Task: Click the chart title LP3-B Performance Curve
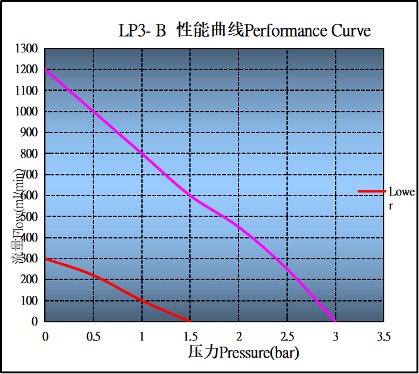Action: coord(244,30)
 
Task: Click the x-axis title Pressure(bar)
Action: coord(243,352)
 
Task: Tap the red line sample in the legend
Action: coord(371,191)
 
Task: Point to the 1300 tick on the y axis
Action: coord(27,49)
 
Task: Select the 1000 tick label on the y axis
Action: coord(27,112)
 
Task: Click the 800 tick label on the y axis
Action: coord(29,153)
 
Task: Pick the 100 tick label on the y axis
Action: coord(29,301)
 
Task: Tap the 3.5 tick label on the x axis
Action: coord(384,335)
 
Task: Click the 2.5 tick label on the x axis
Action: coord(287,335)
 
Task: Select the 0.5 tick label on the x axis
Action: coord(93,335)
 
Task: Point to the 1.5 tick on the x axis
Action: coord(191,335)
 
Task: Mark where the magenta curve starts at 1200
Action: coord(45,69)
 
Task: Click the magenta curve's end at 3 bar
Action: coord(335,321)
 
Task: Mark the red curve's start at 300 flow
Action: coord(45,259)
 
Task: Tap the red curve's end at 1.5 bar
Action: coord(190,321)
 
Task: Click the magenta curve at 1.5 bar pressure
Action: coord(191,196)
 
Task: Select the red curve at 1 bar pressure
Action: coord(142,300)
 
